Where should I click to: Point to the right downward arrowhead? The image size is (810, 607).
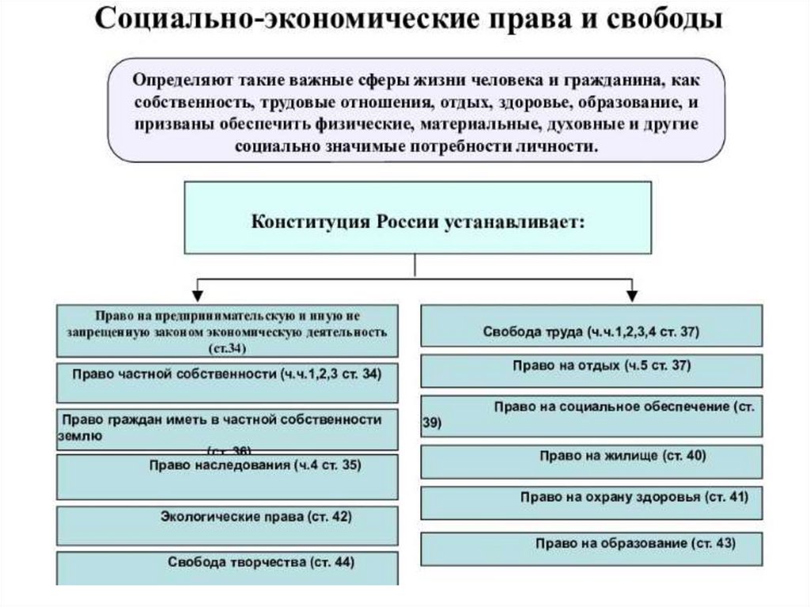(632, 294)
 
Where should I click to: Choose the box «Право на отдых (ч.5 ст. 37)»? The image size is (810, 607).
(591, 370)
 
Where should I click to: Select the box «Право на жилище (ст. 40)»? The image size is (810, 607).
(591, 461)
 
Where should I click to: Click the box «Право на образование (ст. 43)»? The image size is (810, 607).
(591, 548)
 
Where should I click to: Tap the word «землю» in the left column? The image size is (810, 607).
(80, 435)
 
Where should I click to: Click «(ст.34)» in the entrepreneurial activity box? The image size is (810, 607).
(227, 349)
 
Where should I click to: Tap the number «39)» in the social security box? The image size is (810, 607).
(432, 423)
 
